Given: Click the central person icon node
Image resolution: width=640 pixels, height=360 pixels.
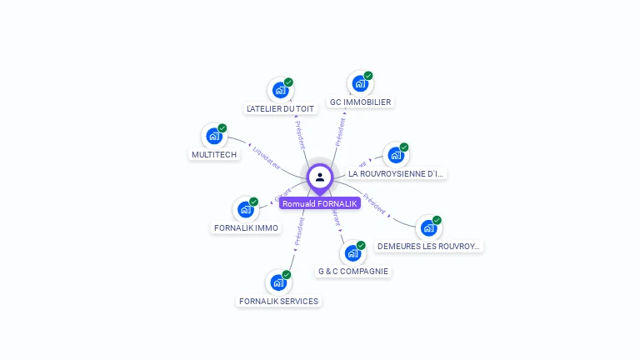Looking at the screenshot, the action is click(320, 177).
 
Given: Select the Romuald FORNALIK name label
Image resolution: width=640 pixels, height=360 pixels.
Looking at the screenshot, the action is click(320, 203).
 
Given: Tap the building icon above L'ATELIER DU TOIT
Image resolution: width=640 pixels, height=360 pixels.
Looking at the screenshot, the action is click(280, 90).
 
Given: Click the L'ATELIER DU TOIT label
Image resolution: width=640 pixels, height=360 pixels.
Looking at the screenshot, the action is click(281, 108).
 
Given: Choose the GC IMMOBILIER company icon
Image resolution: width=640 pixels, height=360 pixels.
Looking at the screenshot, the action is click(360, 83).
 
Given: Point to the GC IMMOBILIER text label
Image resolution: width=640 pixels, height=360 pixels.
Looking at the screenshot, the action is click(360, 102).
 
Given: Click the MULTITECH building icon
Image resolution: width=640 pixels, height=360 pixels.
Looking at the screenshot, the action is click(214, 136).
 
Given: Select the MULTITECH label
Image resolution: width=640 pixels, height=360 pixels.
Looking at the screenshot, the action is click(214, 154).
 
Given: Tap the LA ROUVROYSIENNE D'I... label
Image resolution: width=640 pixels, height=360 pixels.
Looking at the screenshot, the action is click(396, 173).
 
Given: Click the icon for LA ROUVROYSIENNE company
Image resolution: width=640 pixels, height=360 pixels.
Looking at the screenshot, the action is click(395, 155).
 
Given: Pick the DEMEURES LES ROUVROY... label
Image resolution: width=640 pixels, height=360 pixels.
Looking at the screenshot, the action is click(429, 246).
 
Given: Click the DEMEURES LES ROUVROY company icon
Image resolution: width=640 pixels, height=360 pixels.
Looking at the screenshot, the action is click(428, 227).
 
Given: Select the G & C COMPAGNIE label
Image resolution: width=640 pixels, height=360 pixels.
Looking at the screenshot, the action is click(352, 271).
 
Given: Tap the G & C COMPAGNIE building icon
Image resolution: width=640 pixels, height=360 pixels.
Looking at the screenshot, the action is click(352, 252).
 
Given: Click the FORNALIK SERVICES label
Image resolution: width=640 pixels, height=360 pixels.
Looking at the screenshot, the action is click(278, 301).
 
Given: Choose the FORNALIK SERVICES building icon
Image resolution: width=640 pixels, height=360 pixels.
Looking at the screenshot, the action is click(278, 282).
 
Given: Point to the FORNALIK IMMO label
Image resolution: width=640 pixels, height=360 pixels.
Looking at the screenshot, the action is click(246, 227).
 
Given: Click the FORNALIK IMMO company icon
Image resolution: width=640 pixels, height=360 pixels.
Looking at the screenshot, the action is click(246, 209).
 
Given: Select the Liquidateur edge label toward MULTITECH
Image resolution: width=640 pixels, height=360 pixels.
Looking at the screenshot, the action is click(266, 159).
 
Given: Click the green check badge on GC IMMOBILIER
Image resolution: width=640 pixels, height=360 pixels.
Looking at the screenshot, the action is click(368, 76).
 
